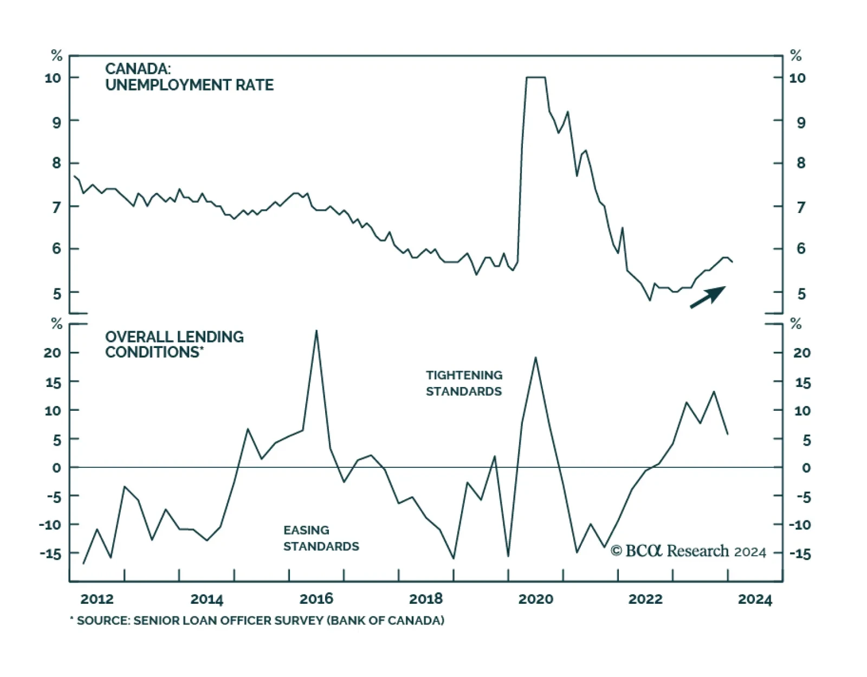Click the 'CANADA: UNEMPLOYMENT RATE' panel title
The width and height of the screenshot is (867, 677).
click(189, 77)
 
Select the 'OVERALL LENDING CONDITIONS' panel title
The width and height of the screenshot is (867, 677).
click(174, 344)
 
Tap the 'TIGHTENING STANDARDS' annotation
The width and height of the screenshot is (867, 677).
click(464, 383)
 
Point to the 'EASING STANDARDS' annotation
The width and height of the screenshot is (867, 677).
click(321, 538)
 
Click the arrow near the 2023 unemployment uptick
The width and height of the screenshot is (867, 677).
click(708, 297)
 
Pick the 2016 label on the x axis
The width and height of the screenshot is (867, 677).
click(316, 599)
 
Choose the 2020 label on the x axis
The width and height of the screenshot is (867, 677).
click(535, 599)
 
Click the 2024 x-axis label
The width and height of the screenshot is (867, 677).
click(755, 599)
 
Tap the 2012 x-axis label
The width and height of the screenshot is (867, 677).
click(97, 599)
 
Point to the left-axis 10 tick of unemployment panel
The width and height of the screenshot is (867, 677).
click(53, 78)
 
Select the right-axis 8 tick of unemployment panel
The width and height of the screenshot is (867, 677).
click(801, 163)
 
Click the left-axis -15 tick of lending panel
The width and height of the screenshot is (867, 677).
click(50, 553)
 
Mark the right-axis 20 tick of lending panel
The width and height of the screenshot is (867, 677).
click(802, 353)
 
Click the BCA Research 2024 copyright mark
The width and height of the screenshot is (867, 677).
click(688, 551)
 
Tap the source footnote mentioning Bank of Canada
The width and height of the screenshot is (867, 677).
click(257, 620)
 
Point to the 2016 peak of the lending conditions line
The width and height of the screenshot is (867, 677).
click(316, 331)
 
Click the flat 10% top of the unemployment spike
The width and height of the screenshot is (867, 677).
click(535, 78)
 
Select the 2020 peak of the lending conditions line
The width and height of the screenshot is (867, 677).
click(535, 358)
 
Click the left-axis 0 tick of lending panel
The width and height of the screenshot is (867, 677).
click(57, 468)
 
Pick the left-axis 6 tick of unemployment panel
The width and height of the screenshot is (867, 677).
click(57, 249)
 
